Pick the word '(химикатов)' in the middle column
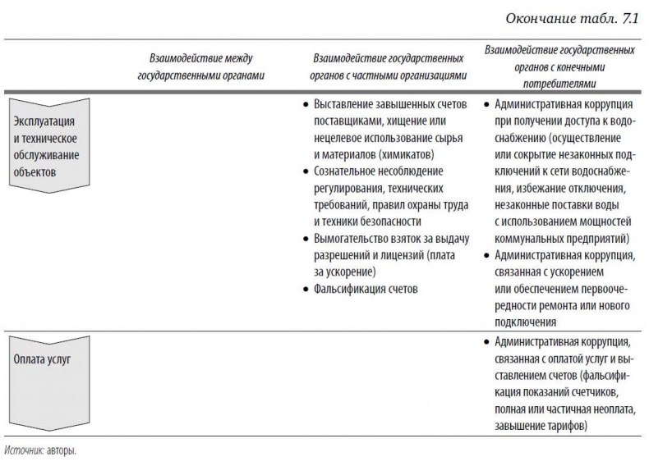(x=407, y=153)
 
